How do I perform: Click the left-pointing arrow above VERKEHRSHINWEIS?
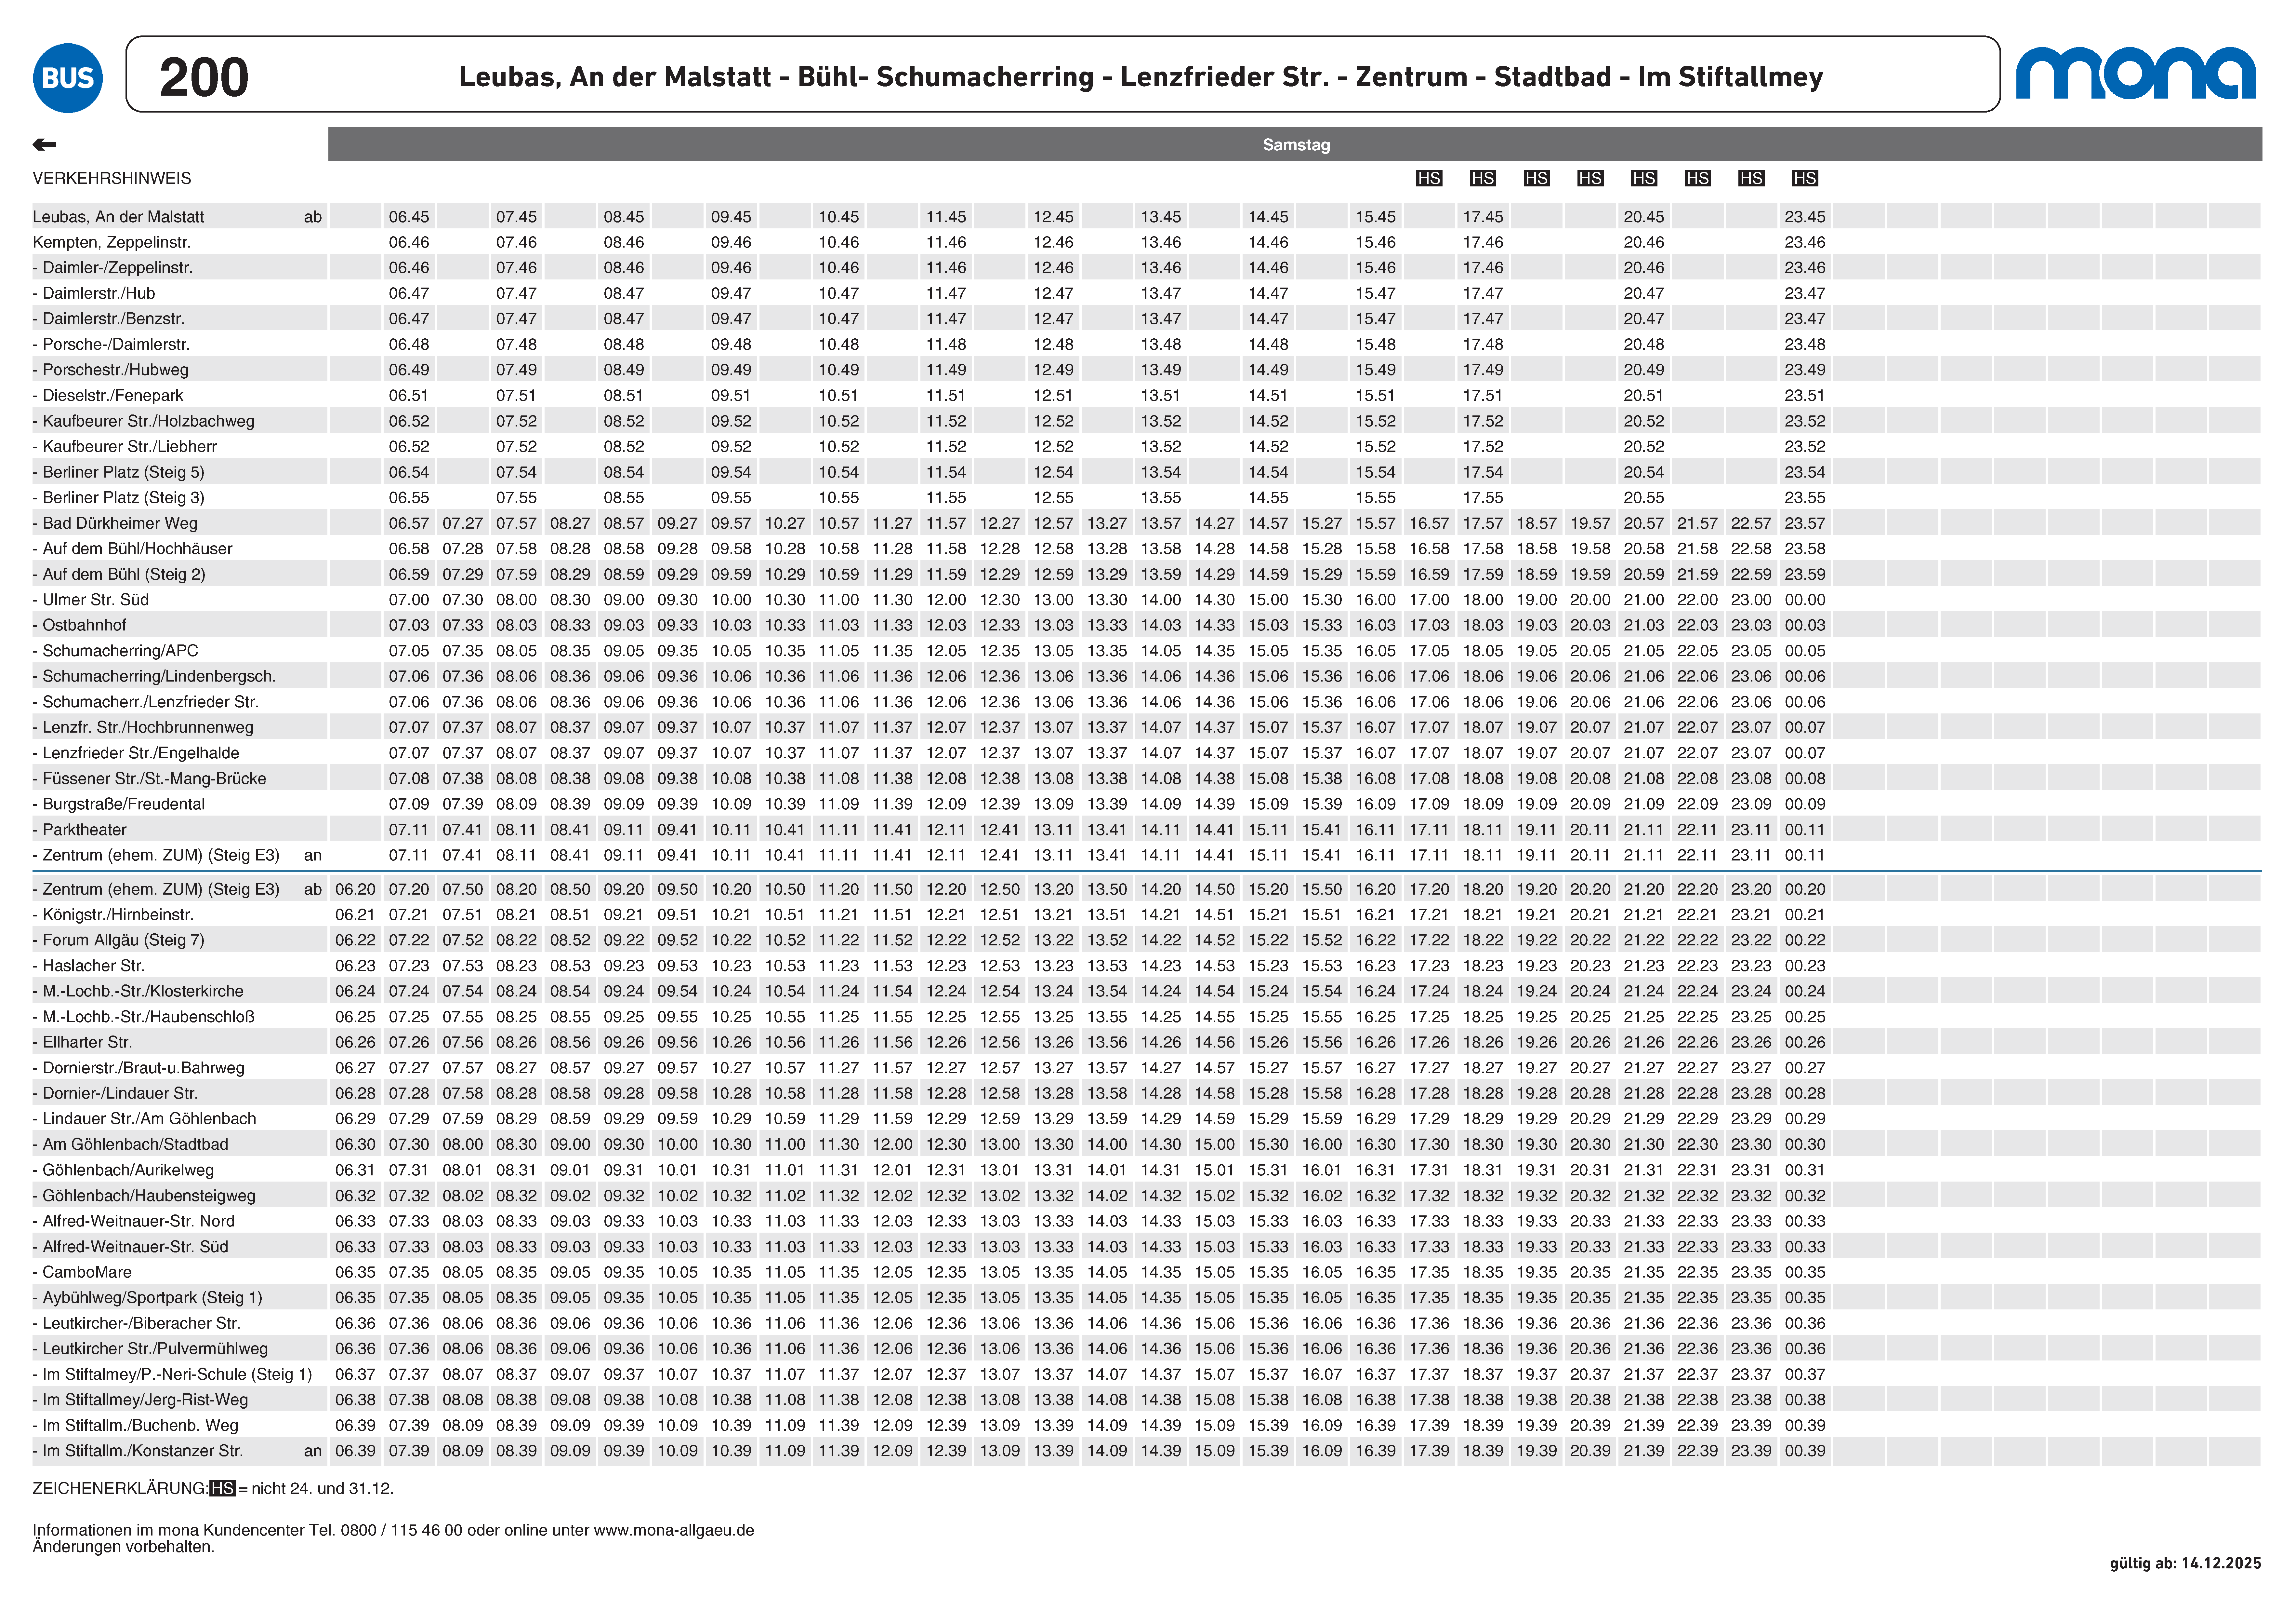coord(44,145)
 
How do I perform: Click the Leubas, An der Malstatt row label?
coord(118,217)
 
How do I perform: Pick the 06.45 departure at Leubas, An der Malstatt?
coord(409,217)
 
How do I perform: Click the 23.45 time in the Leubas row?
coord(1804,217)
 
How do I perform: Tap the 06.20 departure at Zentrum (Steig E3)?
coord(355,889)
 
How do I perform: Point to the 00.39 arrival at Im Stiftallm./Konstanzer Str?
coord(1804,1451)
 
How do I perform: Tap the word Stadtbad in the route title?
coord(1552,77)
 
